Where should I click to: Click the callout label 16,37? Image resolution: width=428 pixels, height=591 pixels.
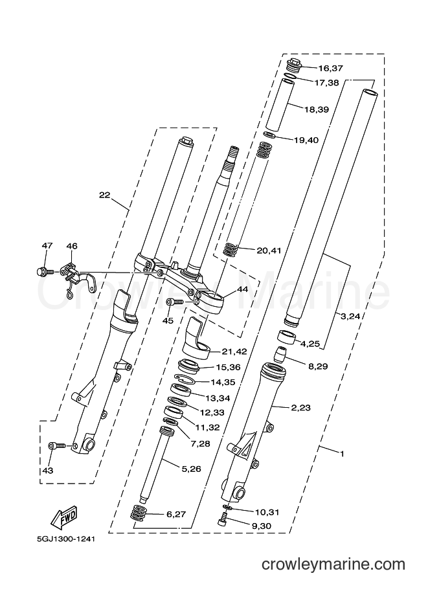pyautogui.click(x=330, y=68)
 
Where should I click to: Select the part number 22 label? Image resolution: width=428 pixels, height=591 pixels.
pyautogui.click(x=104, y=195)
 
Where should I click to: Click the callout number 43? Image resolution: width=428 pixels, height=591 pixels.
pyautogui.click(x=48, y=471)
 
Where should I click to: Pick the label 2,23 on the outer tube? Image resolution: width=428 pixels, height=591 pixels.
pyautogui.click(x=300, y=407)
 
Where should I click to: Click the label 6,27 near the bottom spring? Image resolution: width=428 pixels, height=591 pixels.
pyautogui.click(x=175, y=514)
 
